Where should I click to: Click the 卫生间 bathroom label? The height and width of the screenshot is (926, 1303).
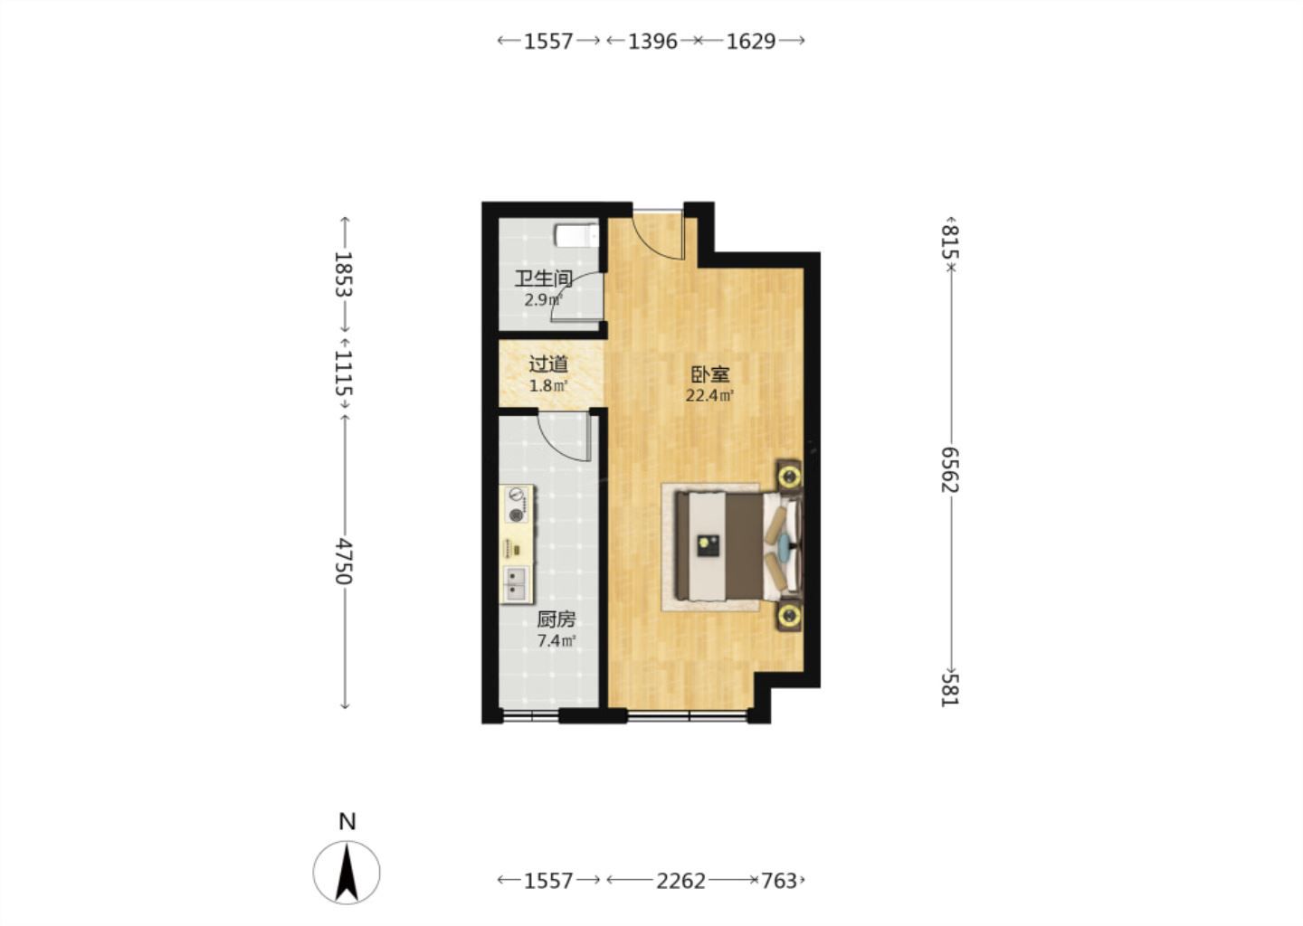click(x=544, y=279)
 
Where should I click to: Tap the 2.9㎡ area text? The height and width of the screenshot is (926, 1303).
click(x=544, y=300)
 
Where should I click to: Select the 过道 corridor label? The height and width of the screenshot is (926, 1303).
click(x=548, y=364)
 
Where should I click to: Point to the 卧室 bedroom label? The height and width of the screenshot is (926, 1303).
click(x=709, y=373)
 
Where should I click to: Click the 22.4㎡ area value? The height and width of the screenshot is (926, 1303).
click(x=709, y=396)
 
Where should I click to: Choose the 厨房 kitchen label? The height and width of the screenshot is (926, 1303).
click(x=556, y=619)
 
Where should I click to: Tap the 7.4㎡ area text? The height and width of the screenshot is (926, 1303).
click(x=556, y=641)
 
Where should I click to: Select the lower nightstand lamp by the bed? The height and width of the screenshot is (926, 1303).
click(x=789, y=614)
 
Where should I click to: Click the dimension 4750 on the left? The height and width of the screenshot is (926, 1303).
click(x=345, y=561)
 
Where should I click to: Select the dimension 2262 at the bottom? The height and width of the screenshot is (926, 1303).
click(x=680, y=882)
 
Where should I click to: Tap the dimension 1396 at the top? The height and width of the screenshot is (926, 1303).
click(x=652, y=42)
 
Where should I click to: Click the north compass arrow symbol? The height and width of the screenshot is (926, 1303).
click(x=347, y=872)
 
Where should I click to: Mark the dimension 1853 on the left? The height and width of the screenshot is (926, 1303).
click(x=345, y=274)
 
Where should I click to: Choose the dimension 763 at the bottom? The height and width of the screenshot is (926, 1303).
click(x=779, y=882)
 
